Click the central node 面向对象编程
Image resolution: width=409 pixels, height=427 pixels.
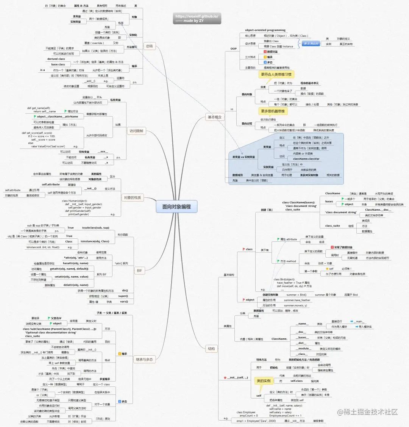pyautogui.click(x=176, y=206)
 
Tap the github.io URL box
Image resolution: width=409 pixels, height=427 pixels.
pyautogui.click(x=197, y=19)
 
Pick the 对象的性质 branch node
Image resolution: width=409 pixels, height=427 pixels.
pyautogui.click(x=133, y=197)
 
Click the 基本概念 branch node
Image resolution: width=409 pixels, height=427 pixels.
pyautogui.click(x=215, y=117)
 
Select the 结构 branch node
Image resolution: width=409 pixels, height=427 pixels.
pyautogui.click(x=211, y=349)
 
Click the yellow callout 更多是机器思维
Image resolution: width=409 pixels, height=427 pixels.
pyautogui.click(x=273, y=111)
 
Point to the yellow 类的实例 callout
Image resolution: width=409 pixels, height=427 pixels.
pyautogui.click(x=264, y=381)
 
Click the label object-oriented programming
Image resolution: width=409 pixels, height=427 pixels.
pyautogui.click(x=265, y=30)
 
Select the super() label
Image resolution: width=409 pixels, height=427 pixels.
pyautogui.click(x=123, y=296)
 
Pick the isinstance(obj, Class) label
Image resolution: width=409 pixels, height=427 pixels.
pyautogui.click(x=95, y=241)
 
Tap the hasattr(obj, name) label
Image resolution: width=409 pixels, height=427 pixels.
pyautogui.click(x=75, y=263)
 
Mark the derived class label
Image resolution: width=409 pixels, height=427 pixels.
pyautogui.click(x=56, y=59)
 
